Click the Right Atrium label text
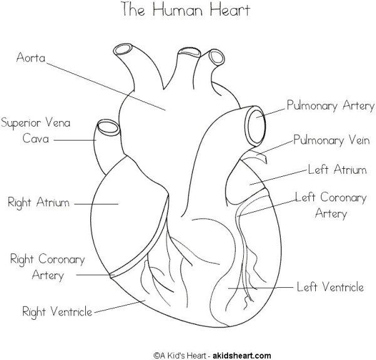38,202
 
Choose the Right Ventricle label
57,311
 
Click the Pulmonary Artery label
330,105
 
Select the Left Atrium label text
336,169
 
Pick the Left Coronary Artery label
330,205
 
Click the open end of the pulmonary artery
258,126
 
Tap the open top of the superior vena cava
107,127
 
